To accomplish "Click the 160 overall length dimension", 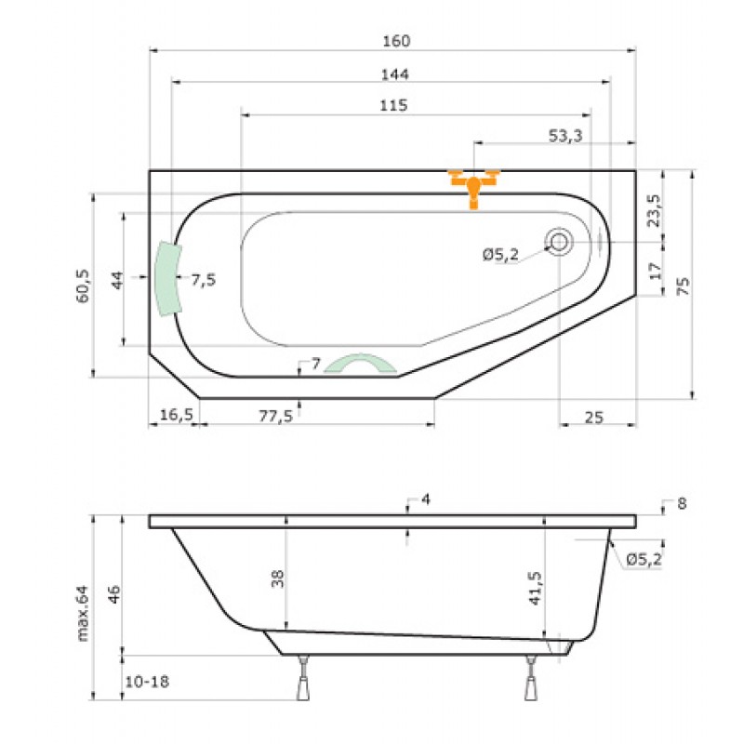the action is [396, 41].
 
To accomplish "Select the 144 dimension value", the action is [394, 74].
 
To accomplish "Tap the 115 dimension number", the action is [393, 105].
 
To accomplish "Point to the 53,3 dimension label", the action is [565, 136].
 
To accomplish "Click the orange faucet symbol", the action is [473, 187].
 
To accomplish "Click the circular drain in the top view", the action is [559, 242].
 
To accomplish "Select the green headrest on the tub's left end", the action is [168, 279].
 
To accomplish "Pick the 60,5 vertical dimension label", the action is [83, 286].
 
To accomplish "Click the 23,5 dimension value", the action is [655, 211].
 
